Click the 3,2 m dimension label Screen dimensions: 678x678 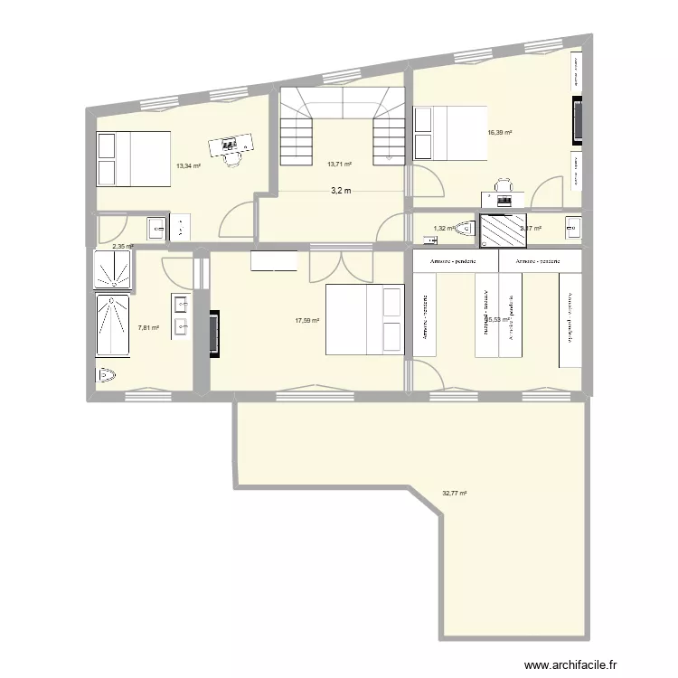pyautogui.click(x=339, y=192)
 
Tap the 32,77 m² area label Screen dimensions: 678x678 pyautogui.click(x=455, y=494)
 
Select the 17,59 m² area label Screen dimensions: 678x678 pyautogui.click(x=307, y=320)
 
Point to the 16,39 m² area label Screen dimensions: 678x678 pyautogui.click(x=500, y=133)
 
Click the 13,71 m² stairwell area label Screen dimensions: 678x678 pyautogui.click(x=339, y=165)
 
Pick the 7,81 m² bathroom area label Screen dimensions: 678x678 pyautogui.click(x=148, y=328)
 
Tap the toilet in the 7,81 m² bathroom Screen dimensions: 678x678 pyautogui.click(x=107, y=374)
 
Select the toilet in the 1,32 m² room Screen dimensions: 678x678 pyautogui.click(x=466, y=229)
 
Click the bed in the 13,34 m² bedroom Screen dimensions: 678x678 pyautogui.click(x=134, y=158)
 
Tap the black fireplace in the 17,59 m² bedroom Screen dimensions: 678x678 pyautogui.click(x=215, y=335)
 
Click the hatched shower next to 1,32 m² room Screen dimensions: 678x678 pyautogui.click(x=503, y=230)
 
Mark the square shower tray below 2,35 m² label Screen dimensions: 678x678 pyautogui.click(x=114, y=269)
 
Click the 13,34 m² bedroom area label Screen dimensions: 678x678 pyautogui.click(x=189, y=165)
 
